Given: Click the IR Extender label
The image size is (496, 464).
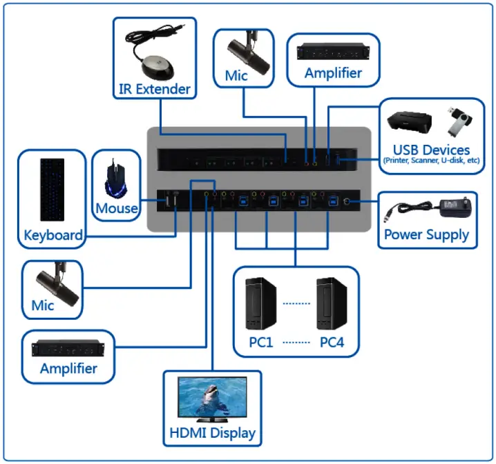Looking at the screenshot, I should pyautogui.click(x=154, y=89).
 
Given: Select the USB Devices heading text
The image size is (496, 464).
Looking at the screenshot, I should pyautogui.click(x=431, y=150).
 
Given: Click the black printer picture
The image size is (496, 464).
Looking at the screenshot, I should pyautogui.click(x=410, y=123).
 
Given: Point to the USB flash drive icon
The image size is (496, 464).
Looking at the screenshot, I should pyautogui.click(x=457, y=121).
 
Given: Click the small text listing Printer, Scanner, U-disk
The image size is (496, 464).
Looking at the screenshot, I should pyautogui.click(x=431, y=161).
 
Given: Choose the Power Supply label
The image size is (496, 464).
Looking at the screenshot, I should pyautogui.click(x=426, y=234).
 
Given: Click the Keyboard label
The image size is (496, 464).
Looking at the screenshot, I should pyautogui.click(x=53, y=234).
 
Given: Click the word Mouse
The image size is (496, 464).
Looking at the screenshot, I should pyautogui.click(x=116, y=208).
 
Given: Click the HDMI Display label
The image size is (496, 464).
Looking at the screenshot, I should pyautogui.click(x=212, y=433).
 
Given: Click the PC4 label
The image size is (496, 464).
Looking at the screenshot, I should pyautogui.click(x=332, y=343).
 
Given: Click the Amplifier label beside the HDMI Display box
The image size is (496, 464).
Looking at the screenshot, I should pyautogui.click(x=68, y=368).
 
